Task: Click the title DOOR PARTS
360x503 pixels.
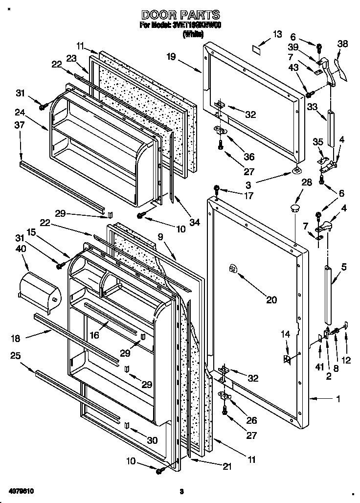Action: (x=180, y=15)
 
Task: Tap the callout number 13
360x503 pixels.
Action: (x=277, y=34)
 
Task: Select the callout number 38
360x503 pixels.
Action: (x=343, y=44)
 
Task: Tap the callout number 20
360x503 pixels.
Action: (x=271, y=300)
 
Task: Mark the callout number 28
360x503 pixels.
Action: (x=307, y=183)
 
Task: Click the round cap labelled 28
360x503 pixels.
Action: (x=295, y=209)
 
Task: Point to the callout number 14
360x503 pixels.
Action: (x=285, y=334)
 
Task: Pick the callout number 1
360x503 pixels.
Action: (x=337, y=399)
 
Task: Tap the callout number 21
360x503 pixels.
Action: (x=226, y=466)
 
